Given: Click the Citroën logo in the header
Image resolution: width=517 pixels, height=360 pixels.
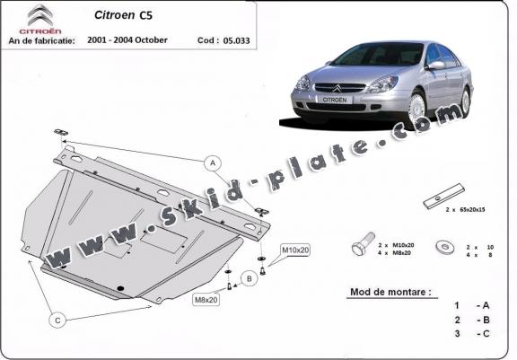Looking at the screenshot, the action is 40,19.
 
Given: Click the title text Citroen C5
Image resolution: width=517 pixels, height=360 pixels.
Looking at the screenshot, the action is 123,15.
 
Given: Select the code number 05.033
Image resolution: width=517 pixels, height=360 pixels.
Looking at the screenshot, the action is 236,40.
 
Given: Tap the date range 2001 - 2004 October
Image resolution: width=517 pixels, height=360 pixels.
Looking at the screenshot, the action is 127,40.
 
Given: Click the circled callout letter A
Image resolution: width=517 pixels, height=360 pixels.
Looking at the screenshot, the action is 213,163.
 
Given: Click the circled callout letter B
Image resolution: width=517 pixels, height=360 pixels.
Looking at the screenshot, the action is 249,279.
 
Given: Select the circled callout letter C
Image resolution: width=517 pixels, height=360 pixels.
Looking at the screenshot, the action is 57,320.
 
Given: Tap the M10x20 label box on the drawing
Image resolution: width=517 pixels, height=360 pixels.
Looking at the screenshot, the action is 295,250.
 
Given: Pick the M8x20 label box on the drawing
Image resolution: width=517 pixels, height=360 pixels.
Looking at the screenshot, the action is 206,300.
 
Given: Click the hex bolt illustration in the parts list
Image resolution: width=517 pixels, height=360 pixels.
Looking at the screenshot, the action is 363,243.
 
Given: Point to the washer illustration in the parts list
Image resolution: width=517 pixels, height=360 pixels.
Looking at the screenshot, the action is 444,247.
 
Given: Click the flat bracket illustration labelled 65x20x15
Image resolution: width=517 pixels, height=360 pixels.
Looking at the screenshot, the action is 444,196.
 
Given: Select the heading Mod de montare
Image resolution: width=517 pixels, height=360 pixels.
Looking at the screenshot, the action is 390,292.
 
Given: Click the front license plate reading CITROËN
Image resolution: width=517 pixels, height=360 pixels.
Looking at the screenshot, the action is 335,100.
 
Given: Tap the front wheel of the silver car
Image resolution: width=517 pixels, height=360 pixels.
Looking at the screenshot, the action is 416,108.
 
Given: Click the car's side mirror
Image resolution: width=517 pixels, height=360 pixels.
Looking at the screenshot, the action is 435,65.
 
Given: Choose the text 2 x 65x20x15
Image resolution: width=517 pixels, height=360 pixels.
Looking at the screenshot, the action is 465,209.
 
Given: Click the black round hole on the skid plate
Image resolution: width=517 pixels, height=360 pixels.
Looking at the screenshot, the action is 120,288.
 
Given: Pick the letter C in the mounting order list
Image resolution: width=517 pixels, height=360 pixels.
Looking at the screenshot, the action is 486,334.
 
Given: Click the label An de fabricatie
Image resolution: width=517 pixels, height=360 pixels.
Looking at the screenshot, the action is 41,40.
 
